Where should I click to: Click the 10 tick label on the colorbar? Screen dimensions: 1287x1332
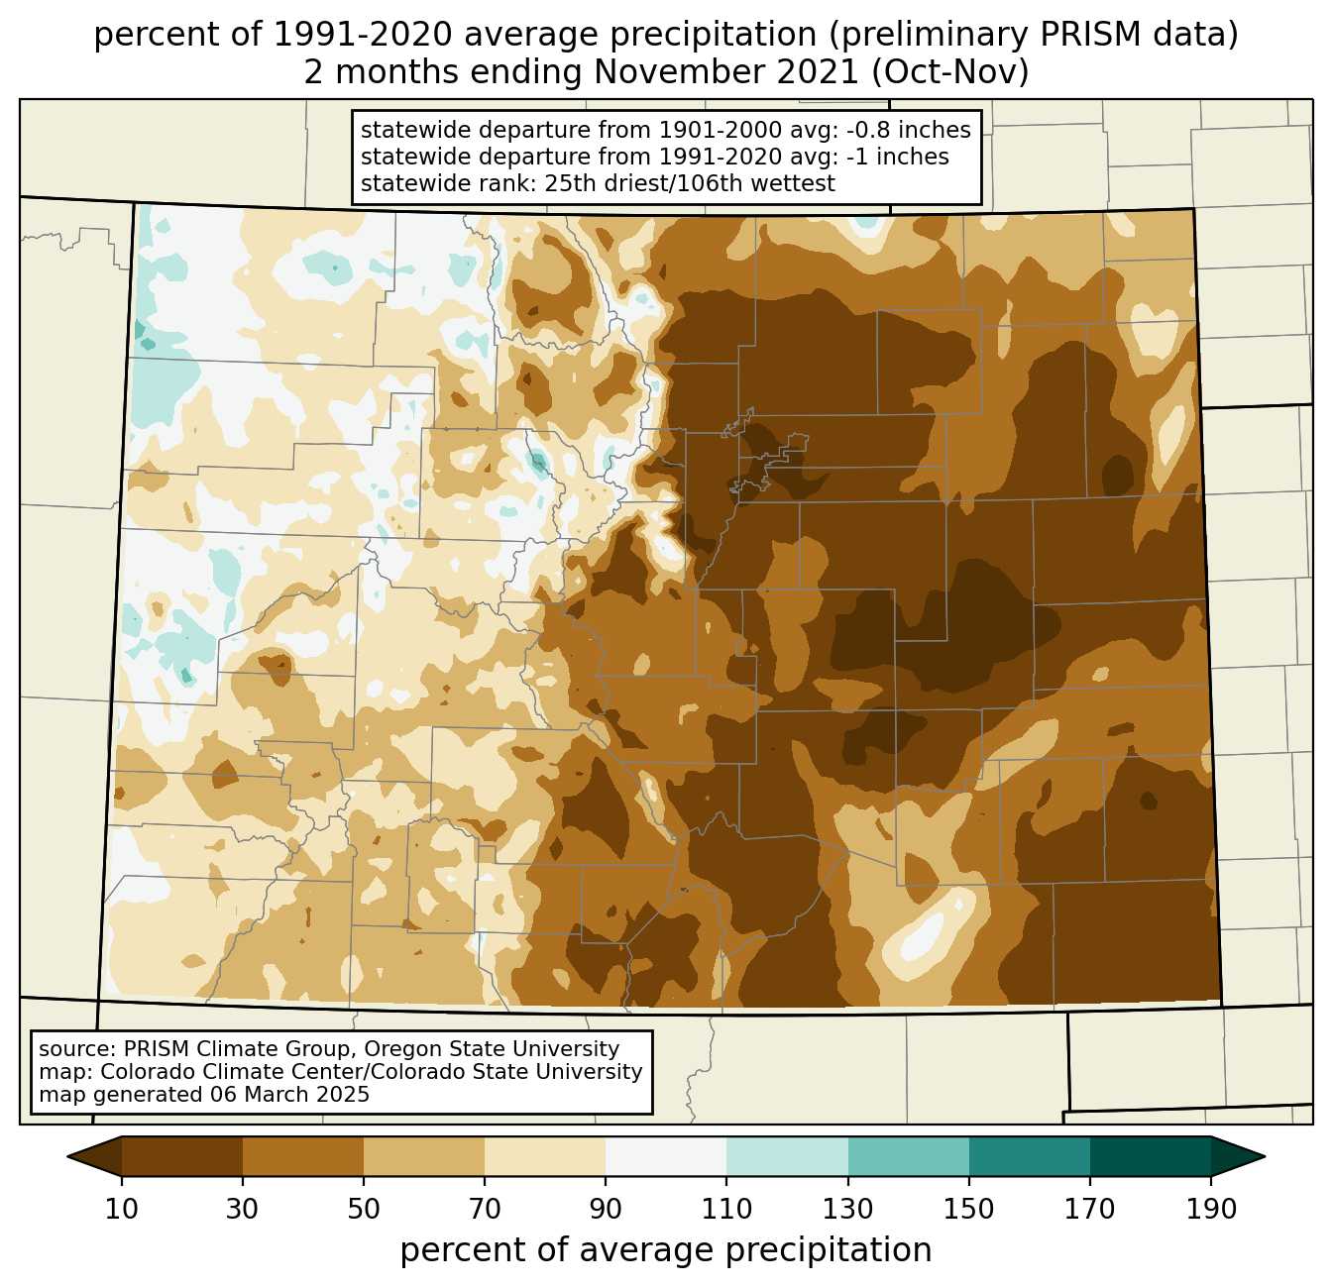click(x=122, y=1209)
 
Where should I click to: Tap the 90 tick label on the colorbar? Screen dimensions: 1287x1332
click(x=606, y=1209)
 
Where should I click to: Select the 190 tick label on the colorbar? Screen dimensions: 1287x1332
click(x=1211, y=1209)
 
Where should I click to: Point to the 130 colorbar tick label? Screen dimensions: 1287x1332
click(x=848, y=1209)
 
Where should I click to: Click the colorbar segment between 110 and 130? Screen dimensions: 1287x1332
click(x=787, y=1156)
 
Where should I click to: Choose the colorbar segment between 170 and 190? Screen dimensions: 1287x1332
click(x=1151, y=1156)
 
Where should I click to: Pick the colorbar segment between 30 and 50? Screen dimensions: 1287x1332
click(x=303, y=1156)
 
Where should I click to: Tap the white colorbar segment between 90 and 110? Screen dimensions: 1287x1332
click(x=666, y=1156)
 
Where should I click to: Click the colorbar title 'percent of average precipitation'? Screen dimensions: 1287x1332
click(x=666, y=1250)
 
